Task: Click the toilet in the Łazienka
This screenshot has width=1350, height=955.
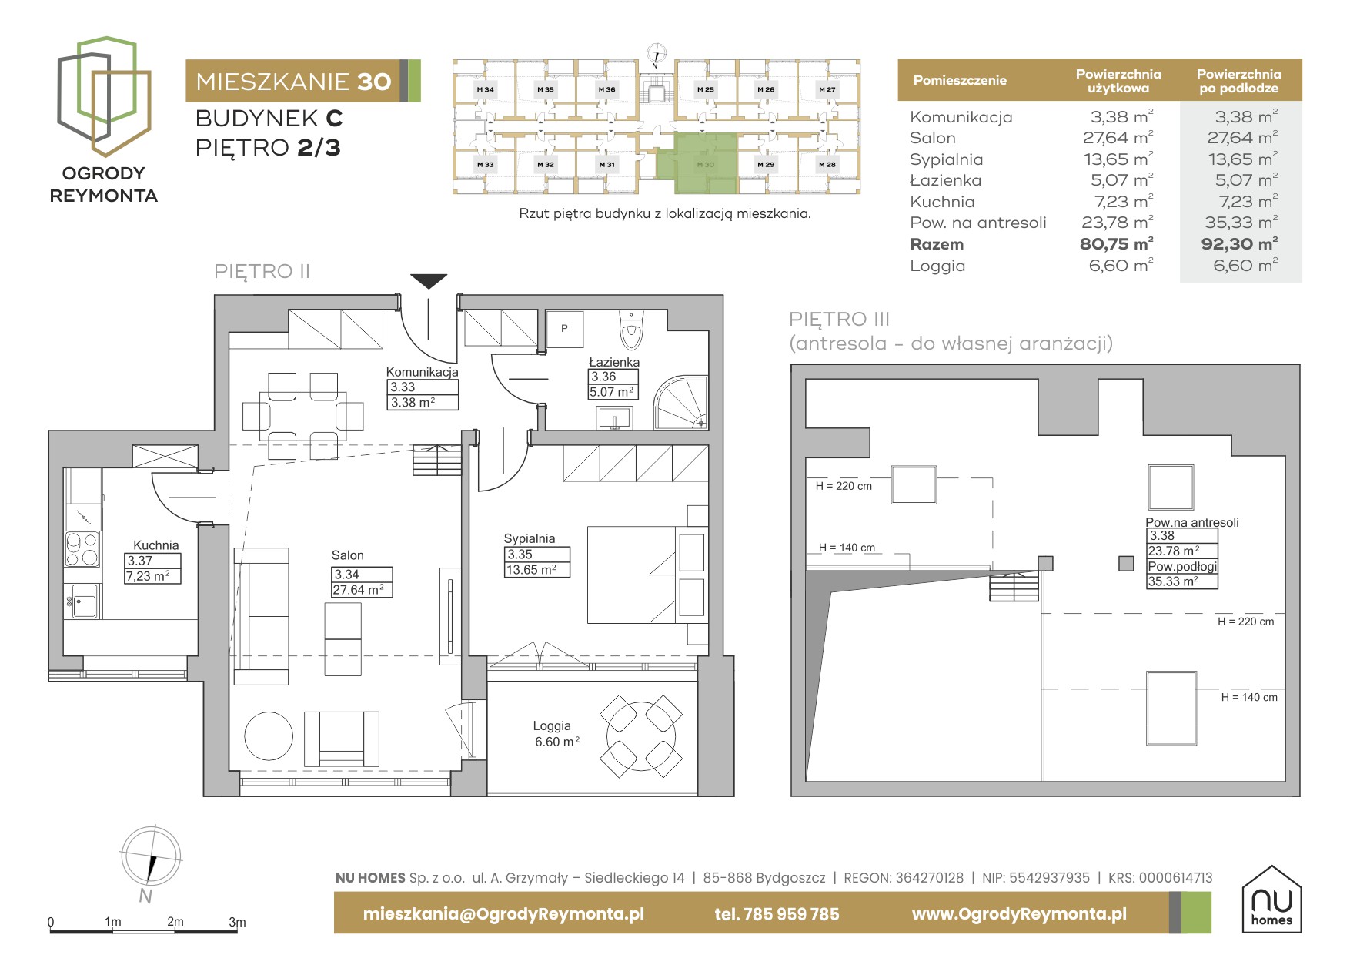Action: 631,331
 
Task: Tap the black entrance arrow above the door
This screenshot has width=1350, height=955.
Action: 429,281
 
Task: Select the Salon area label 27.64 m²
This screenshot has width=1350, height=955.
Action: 362,590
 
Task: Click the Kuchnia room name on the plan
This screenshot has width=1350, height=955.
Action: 155,545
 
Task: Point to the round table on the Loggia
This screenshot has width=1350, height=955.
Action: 641,736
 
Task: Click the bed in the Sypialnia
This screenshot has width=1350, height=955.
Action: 647,575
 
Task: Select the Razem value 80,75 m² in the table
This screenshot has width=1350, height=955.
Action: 1116,244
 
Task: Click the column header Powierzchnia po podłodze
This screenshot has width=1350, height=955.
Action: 1238,81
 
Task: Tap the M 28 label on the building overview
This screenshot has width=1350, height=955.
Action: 827,165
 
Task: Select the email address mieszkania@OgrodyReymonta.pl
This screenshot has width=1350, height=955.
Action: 503,914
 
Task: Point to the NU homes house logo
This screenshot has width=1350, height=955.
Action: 1271,899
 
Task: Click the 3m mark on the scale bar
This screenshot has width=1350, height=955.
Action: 237,922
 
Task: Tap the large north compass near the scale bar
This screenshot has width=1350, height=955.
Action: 151,856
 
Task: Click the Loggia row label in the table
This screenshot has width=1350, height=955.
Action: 937,266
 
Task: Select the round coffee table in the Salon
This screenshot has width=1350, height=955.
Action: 269,736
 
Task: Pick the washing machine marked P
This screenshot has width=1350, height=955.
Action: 564,329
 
